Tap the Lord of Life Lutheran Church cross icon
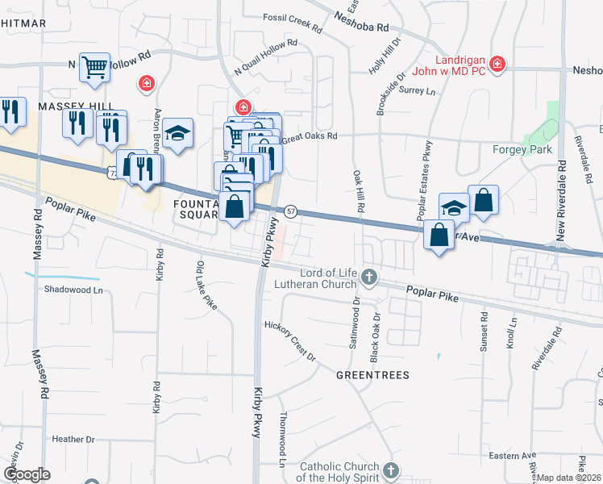(x=369, y=277)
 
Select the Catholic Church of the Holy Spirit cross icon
(x=391, y=470)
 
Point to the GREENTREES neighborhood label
(x=372, y=375)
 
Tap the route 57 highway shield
(x=291, y=211)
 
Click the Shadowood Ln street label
(x=74, y=289)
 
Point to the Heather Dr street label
(x=73, y=440)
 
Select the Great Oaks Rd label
(x=309, y=137)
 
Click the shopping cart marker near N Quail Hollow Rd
(x=94, y=67)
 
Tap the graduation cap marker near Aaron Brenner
(x=178, y=134)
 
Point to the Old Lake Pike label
(x=206, y=286)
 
